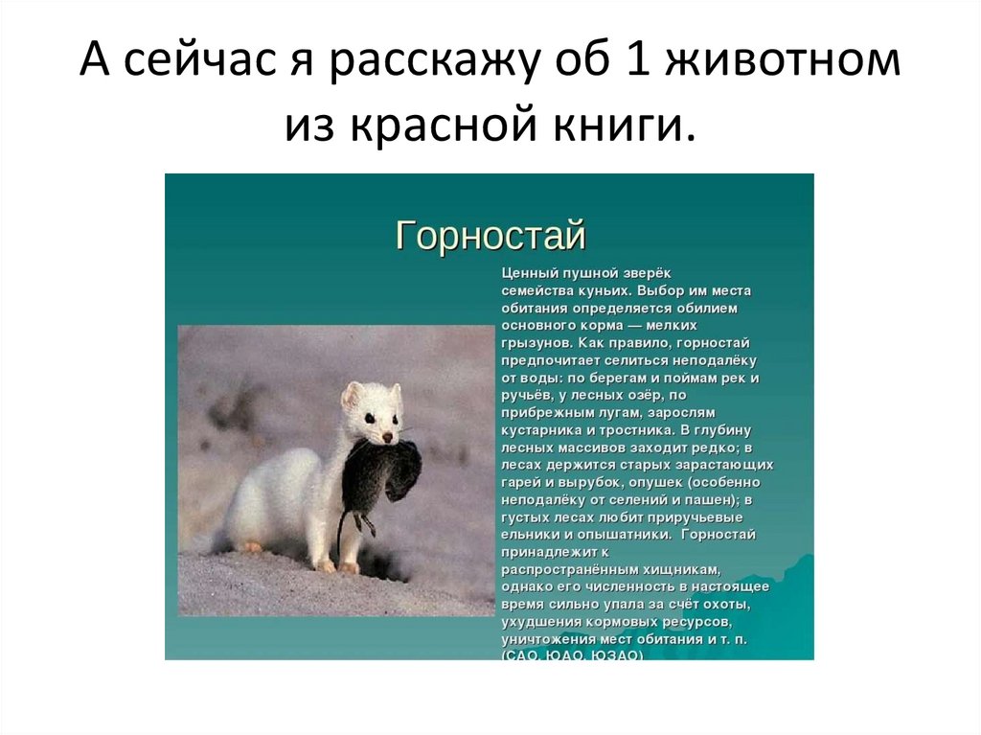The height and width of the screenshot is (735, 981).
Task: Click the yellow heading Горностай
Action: (x=490, y=235)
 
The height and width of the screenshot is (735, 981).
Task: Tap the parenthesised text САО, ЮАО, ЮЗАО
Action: (x=572, y=655)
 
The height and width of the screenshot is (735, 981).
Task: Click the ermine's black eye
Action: (x=368, y=418)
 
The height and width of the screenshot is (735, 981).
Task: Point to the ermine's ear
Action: (x=352, y=393)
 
